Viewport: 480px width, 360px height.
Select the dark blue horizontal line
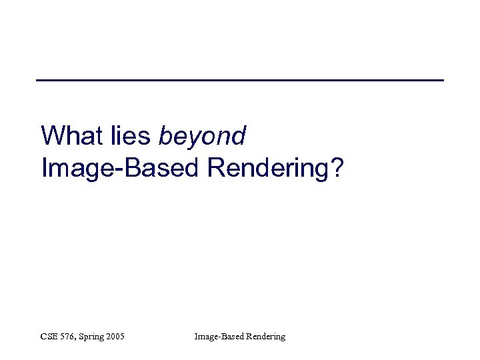pos(240,80)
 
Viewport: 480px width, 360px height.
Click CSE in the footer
pos(49,337)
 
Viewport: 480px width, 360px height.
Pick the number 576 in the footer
pos(68,337)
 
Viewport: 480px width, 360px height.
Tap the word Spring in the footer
pos(92,337)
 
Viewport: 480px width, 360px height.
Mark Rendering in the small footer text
pos(265,337)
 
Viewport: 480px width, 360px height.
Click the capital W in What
pos(52,136)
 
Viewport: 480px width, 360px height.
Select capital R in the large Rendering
pos(216,168)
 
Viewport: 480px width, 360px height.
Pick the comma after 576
pos(77,339)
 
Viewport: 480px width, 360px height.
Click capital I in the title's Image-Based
pos(44,168)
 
